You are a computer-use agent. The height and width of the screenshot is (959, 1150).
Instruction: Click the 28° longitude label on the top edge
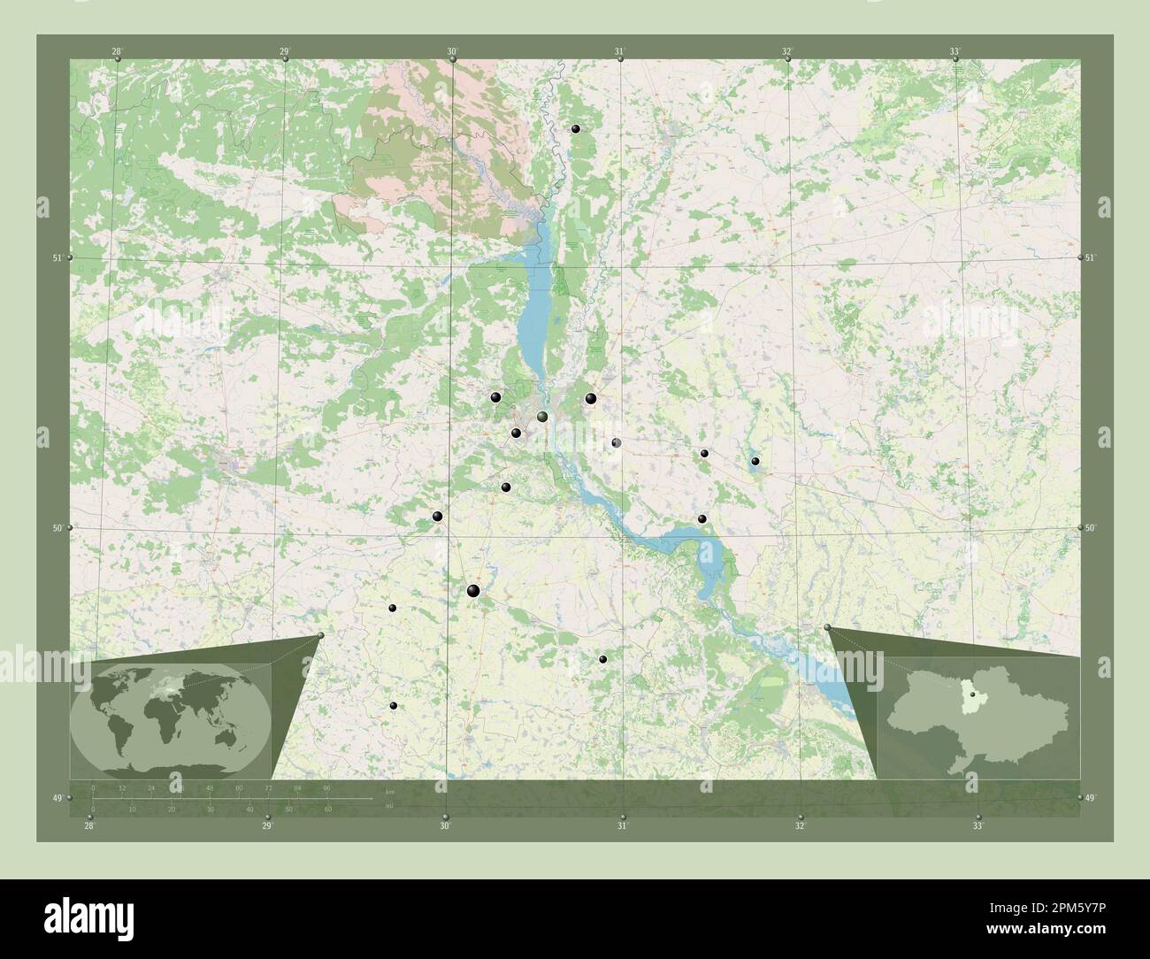click(117, 52)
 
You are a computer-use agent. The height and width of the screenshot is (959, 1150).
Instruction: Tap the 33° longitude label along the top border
click(954, 52)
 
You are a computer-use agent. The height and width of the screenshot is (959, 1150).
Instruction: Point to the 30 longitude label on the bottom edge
click(445, 826)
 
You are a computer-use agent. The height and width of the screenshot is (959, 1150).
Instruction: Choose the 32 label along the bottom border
click(800, 826)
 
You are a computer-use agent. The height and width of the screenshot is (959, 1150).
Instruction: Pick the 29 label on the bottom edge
click(267, 826)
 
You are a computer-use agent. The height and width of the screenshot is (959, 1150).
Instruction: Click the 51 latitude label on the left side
click(57, 258)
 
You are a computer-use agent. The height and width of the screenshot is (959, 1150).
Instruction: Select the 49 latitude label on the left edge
click(57, 800)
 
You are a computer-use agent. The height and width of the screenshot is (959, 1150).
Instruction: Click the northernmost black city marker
click(576, 129)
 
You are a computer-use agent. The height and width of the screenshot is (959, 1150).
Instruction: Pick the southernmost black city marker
click(394, 705)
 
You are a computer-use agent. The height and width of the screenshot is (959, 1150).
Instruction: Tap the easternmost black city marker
click(755, 461)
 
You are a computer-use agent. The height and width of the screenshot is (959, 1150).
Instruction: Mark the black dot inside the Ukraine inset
click(971, 704)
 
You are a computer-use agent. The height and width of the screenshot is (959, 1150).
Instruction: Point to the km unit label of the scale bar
click(389, 789)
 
